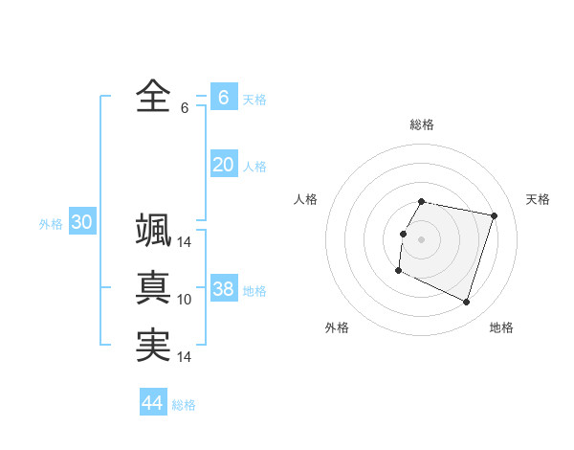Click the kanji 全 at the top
pos(153,96)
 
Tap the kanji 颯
pos(153,230)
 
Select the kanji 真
pos(153,287)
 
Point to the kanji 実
pos(153,346)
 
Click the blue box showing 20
pos(223,165)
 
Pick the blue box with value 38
pos(223,289)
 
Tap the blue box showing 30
pos(81,222)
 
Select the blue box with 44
pos(152,403)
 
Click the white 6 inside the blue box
pos(223,97)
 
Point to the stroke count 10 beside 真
pos(185,300)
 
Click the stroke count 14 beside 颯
pos(185,242)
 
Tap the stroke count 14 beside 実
pos(185,357)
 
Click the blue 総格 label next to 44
pos(184,405)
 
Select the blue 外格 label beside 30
pos(51,224)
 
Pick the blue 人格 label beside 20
pos(254,167)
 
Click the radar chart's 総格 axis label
pos(422,124)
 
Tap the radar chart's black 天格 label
pos(538,199)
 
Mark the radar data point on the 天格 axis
pos(494,216)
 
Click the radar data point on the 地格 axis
pos(466,303)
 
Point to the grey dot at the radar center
pos(422,239)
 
